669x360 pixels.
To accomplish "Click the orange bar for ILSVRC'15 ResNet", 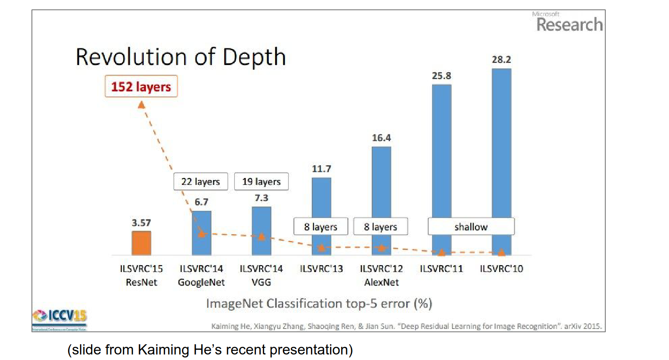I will pos(141,243).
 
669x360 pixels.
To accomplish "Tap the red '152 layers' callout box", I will pos(141,86).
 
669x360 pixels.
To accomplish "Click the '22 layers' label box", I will pos(200,181).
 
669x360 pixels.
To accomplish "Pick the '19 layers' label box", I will pos(261,181).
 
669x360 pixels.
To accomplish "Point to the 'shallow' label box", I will pos(471,227).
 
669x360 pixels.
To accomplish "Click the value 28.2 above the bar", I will pos(501,60).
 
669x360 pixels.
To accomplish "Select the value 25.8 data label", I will pos(441,76).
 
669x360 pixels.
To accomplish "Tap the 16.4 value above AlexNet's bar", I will pos(381,138).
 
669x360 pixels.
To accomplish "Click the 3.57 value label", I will pos(141,223).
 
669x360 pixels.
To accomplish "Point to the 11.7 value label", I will pos(321,169).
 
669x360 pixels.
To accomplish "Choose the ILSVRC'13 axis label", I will pos(321,269).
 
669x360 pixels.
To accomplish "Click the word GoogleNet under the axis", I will pos(201,282).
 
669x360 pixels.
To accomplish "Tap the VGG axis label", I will pos(261,282).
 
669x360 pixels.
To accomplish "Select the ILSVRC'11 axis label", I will pos(441,269).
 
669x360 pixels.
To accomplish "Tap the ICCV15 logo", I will pos(60,317).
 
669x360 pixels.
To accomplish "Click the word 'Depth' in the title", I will pos(254,57).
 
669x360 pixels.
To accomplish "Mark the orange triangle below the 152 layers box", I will pos(142,105).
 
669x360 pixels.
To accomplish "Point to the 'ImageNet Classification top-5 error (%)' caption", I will pos(319,303).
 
